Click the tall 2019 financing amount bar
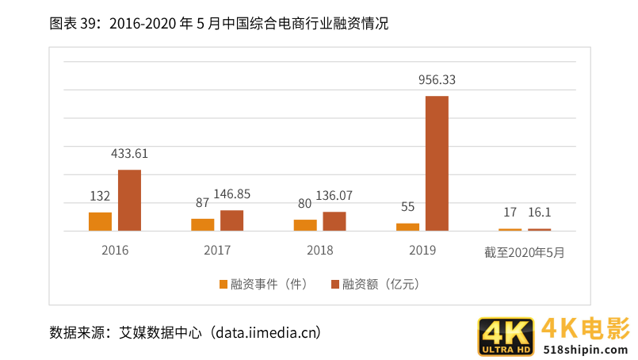tap(437, 163)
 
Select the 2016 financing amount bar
tap(129, 201)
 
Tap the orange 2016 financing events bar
tap(100, 221)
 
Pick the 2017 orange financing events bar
tap(202, 224)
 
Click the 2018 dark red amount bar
tap(334, 221)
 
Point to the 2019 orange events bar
tap(407, 227)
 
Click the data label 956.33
tap(437, 80)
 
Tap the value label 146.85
tap(232, 194)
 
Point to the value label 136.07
tap(334, 196)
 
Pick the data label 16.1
tap(539, 213)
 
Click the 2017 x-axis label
tap(217, 251)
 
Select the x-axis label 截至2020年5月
tap(525, 252)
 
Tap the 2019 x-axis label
tap(422, 251)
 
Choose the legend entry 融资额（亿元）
tap(375, 284)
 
